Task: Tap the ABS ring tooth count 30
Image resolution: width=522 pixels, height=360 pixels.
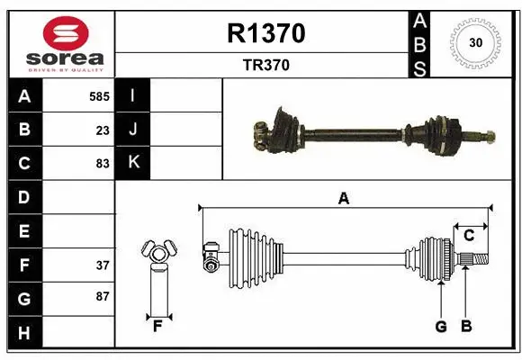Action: pos(477,41)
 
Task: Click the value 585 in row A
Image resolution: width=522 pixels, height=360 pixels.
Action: pos(99,95)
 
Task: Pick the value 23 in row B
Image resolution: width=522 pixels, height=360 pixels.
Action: pos(103,130)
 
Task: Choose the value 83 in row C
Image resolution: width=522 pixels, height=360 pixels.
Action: pos(103,164)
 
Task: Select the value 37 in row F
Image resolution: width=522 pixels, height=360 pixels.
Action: pos(103,265)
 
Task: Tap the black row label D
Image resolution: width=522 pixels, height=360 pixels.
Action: pos(23,197)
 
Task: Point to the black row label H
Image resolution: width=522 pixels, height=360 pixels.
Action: pos(23,333)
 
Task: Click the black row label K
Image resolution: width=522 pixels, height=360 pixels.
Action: pos(133,163)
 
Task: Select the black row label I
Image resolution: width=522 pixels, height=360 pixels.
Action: pos(133,95)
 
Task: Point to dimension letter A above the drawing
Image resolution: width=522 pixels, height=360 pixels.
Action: pos(343,199)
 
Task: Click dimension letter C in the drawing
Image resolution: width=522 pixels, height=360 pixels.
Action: pos(469,235)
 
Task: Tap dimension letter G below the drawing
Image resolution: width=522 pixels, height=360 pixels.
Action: pos(441,326)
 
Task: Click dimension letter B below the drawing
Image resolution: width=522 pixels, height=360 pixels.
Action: pos(465,326)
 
